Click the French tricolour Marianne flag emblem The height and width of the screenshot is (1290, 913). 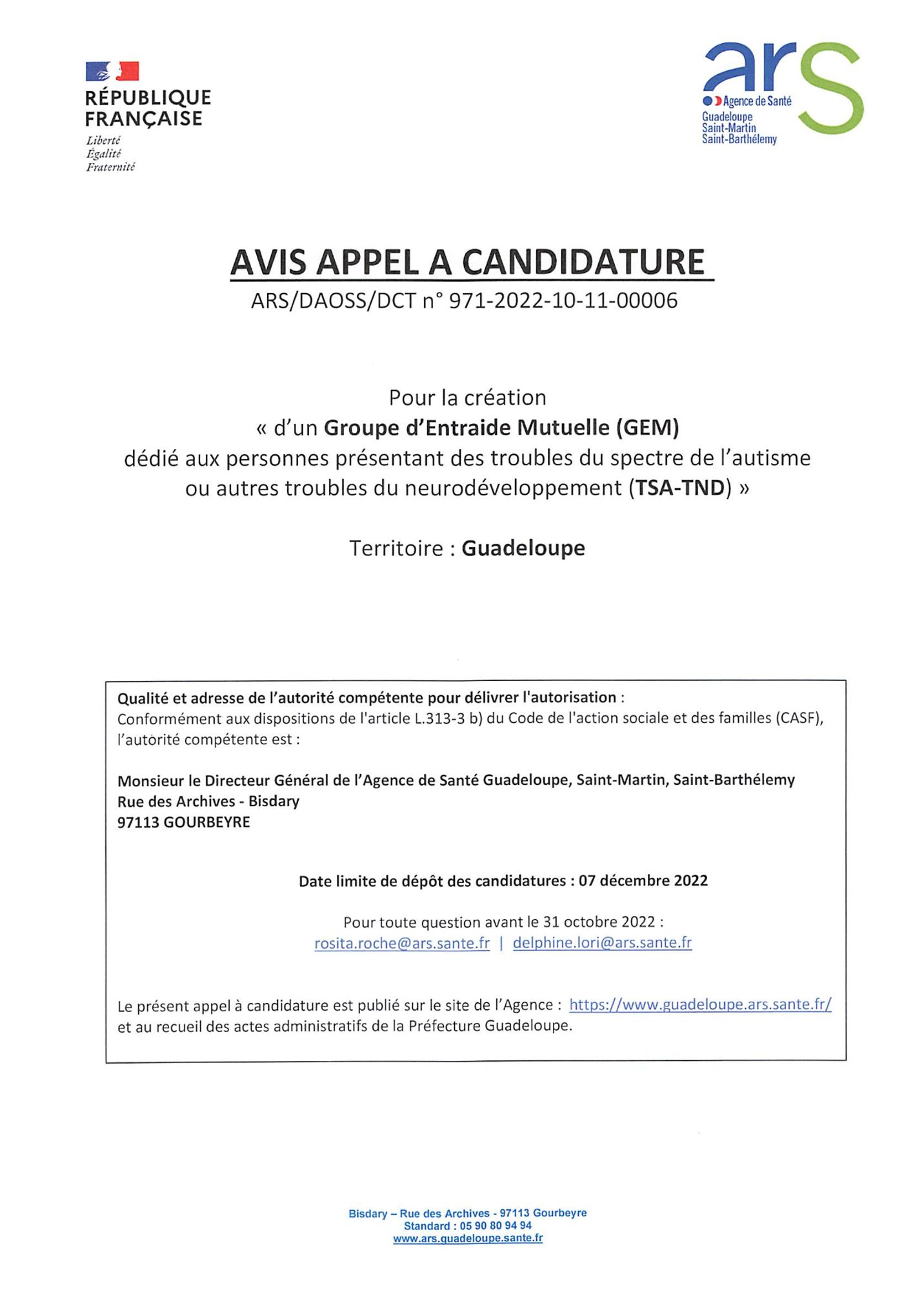click(x=112, y=71)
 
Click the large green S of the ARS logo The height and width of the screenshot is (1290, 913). click(x=831, y=90)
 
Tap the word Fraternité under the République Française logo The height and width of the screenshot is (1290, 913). click(x=111, y=167)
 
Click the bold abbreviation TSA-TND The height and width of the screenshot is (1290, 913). click(x=680, y=488)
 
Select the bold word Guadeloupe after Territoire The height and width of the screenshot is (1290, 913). click(x=523, y=548)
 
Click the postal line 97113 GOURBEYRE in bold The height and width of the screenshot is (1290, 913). click(x=183, y=822)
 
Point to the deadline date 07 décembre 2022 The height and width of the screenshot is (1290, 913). click(x=643, y=881)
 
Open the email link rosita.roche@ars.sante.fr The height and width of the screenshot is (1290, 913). click(x=402, y=944)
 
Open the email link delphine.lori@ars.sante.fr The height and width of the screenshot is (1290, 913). click(x=602, y=943)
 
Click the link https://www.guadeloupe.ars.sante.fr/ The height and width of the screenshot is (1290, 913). click(x=700, y=1005)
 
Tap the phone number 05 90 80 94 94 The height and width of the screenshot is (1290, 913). click(x=496, y=1225)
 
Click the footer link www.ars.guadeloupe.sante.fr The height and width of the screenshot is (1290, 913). click(x=468, y=1238)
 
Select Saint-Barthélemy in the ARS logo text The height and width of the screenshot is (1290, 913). click(x=739, y=139)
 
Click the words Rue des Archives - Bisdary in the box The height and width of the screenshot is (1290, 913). click(x=208, y=802)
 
